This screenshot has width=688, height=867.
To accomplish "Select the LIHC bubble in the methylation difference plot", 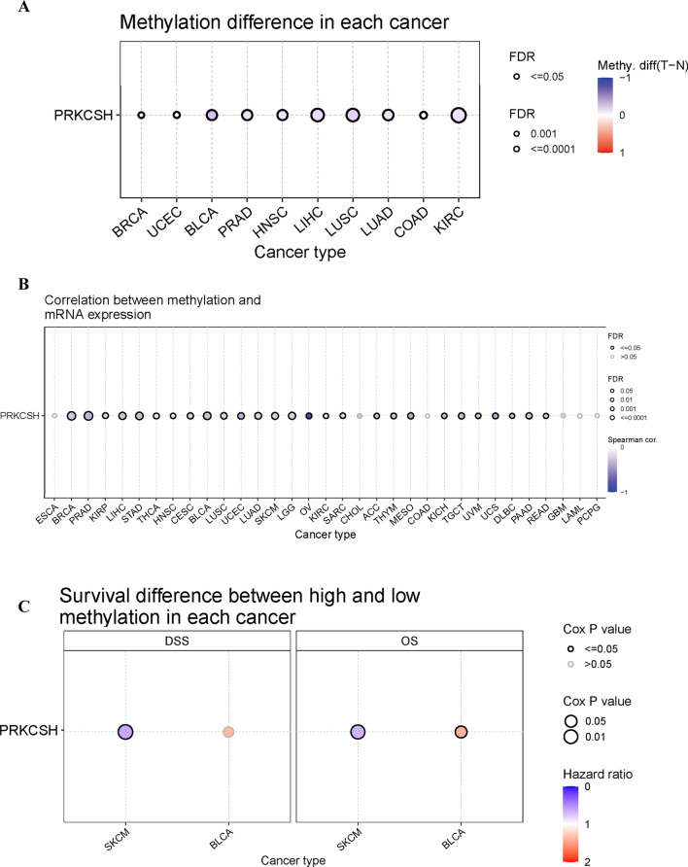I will click(x=317, y=116).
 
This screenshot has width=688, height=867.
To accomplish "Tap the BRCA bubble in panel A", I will click(x=141, y=116).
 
